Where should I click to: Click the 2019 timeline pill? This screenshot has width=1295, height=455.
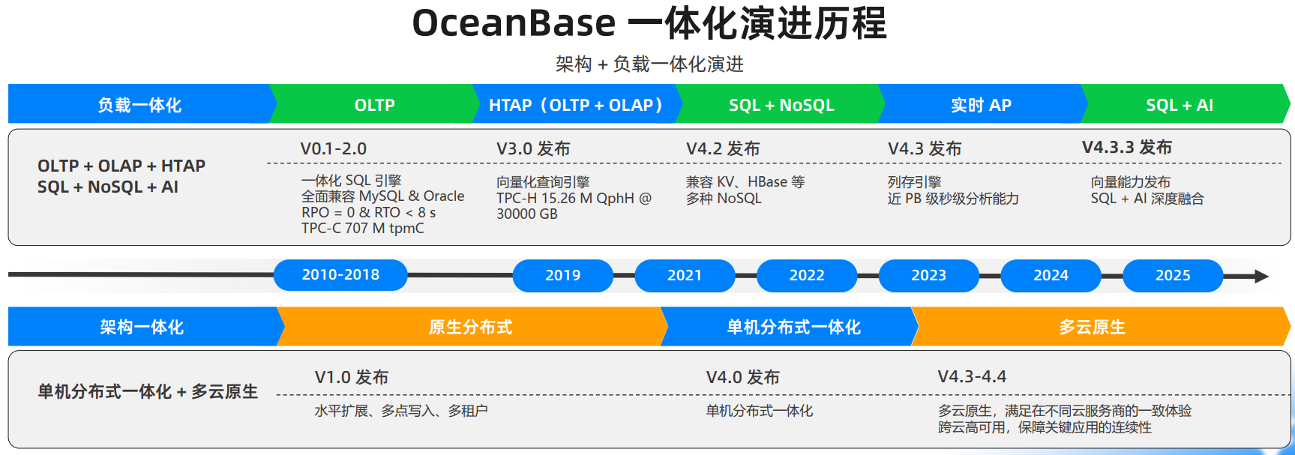[x=562, y=275]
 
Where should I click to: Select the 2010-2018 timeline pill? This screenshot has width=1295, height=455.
[x=340, y=275]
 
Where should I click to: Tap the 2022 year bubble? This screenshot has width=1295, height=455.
[x=806, y=275]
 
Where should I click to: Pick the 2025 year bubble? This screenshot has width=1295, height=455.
[x=1172, y=275]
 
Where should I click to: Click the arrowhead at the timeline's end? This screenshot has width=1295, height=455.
[x=1261, y=276]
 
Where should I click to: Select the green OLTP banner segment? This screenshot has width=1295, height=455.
[x=374, y=105]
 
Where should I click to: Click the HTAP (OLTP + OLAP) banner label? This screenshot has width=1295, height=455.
[x=576, y=105]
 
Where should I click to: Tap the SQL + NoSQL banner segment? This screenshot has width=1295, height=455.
[x=781, y=105]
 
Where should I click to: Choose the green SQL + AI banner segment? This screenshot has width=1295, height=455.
[x=1179, y=105]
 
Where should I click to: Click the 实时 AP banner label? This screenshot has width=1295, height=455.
[x=981, y=105]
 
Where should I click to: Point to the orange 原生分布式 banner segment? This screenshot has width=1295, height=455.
[x=470, y=327]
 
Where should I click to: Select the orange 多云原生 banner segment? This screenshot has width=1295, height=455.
[x=1092, y=327]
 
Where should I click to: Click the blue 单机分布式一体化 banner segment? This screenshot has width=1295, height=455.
[x=793, y=327]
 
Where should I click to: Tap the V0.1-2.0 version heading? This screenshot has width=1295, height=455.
[x=333, y=148]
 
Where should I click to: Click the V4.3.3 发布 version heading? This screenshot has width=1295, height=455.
[x=1126, y=148]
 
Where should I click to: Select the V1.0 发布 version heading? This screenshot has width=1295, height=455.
[x=351, y=377]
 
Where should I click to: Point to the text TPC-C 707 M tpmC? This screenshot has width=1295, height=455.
[x=362, y=228]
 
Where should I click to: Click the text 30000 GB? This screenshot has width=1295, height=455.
[x=526, y=214]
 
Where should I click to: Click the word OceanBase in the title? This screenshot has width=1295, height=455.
[x=514, y=22]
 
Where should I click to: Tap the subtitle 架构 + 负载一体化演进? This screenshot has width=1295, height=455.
[x=649, y=64]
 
